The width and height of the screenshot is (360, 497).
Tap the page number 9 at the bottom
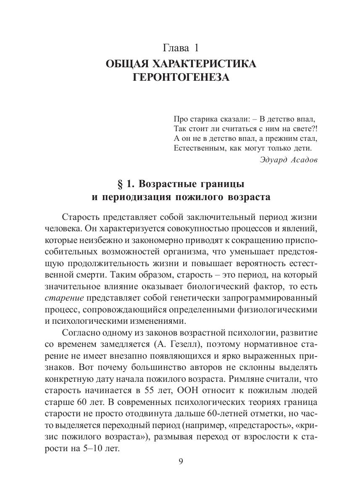180,461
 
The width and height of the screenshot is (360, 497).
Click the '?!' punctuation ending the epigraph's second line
313,127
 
